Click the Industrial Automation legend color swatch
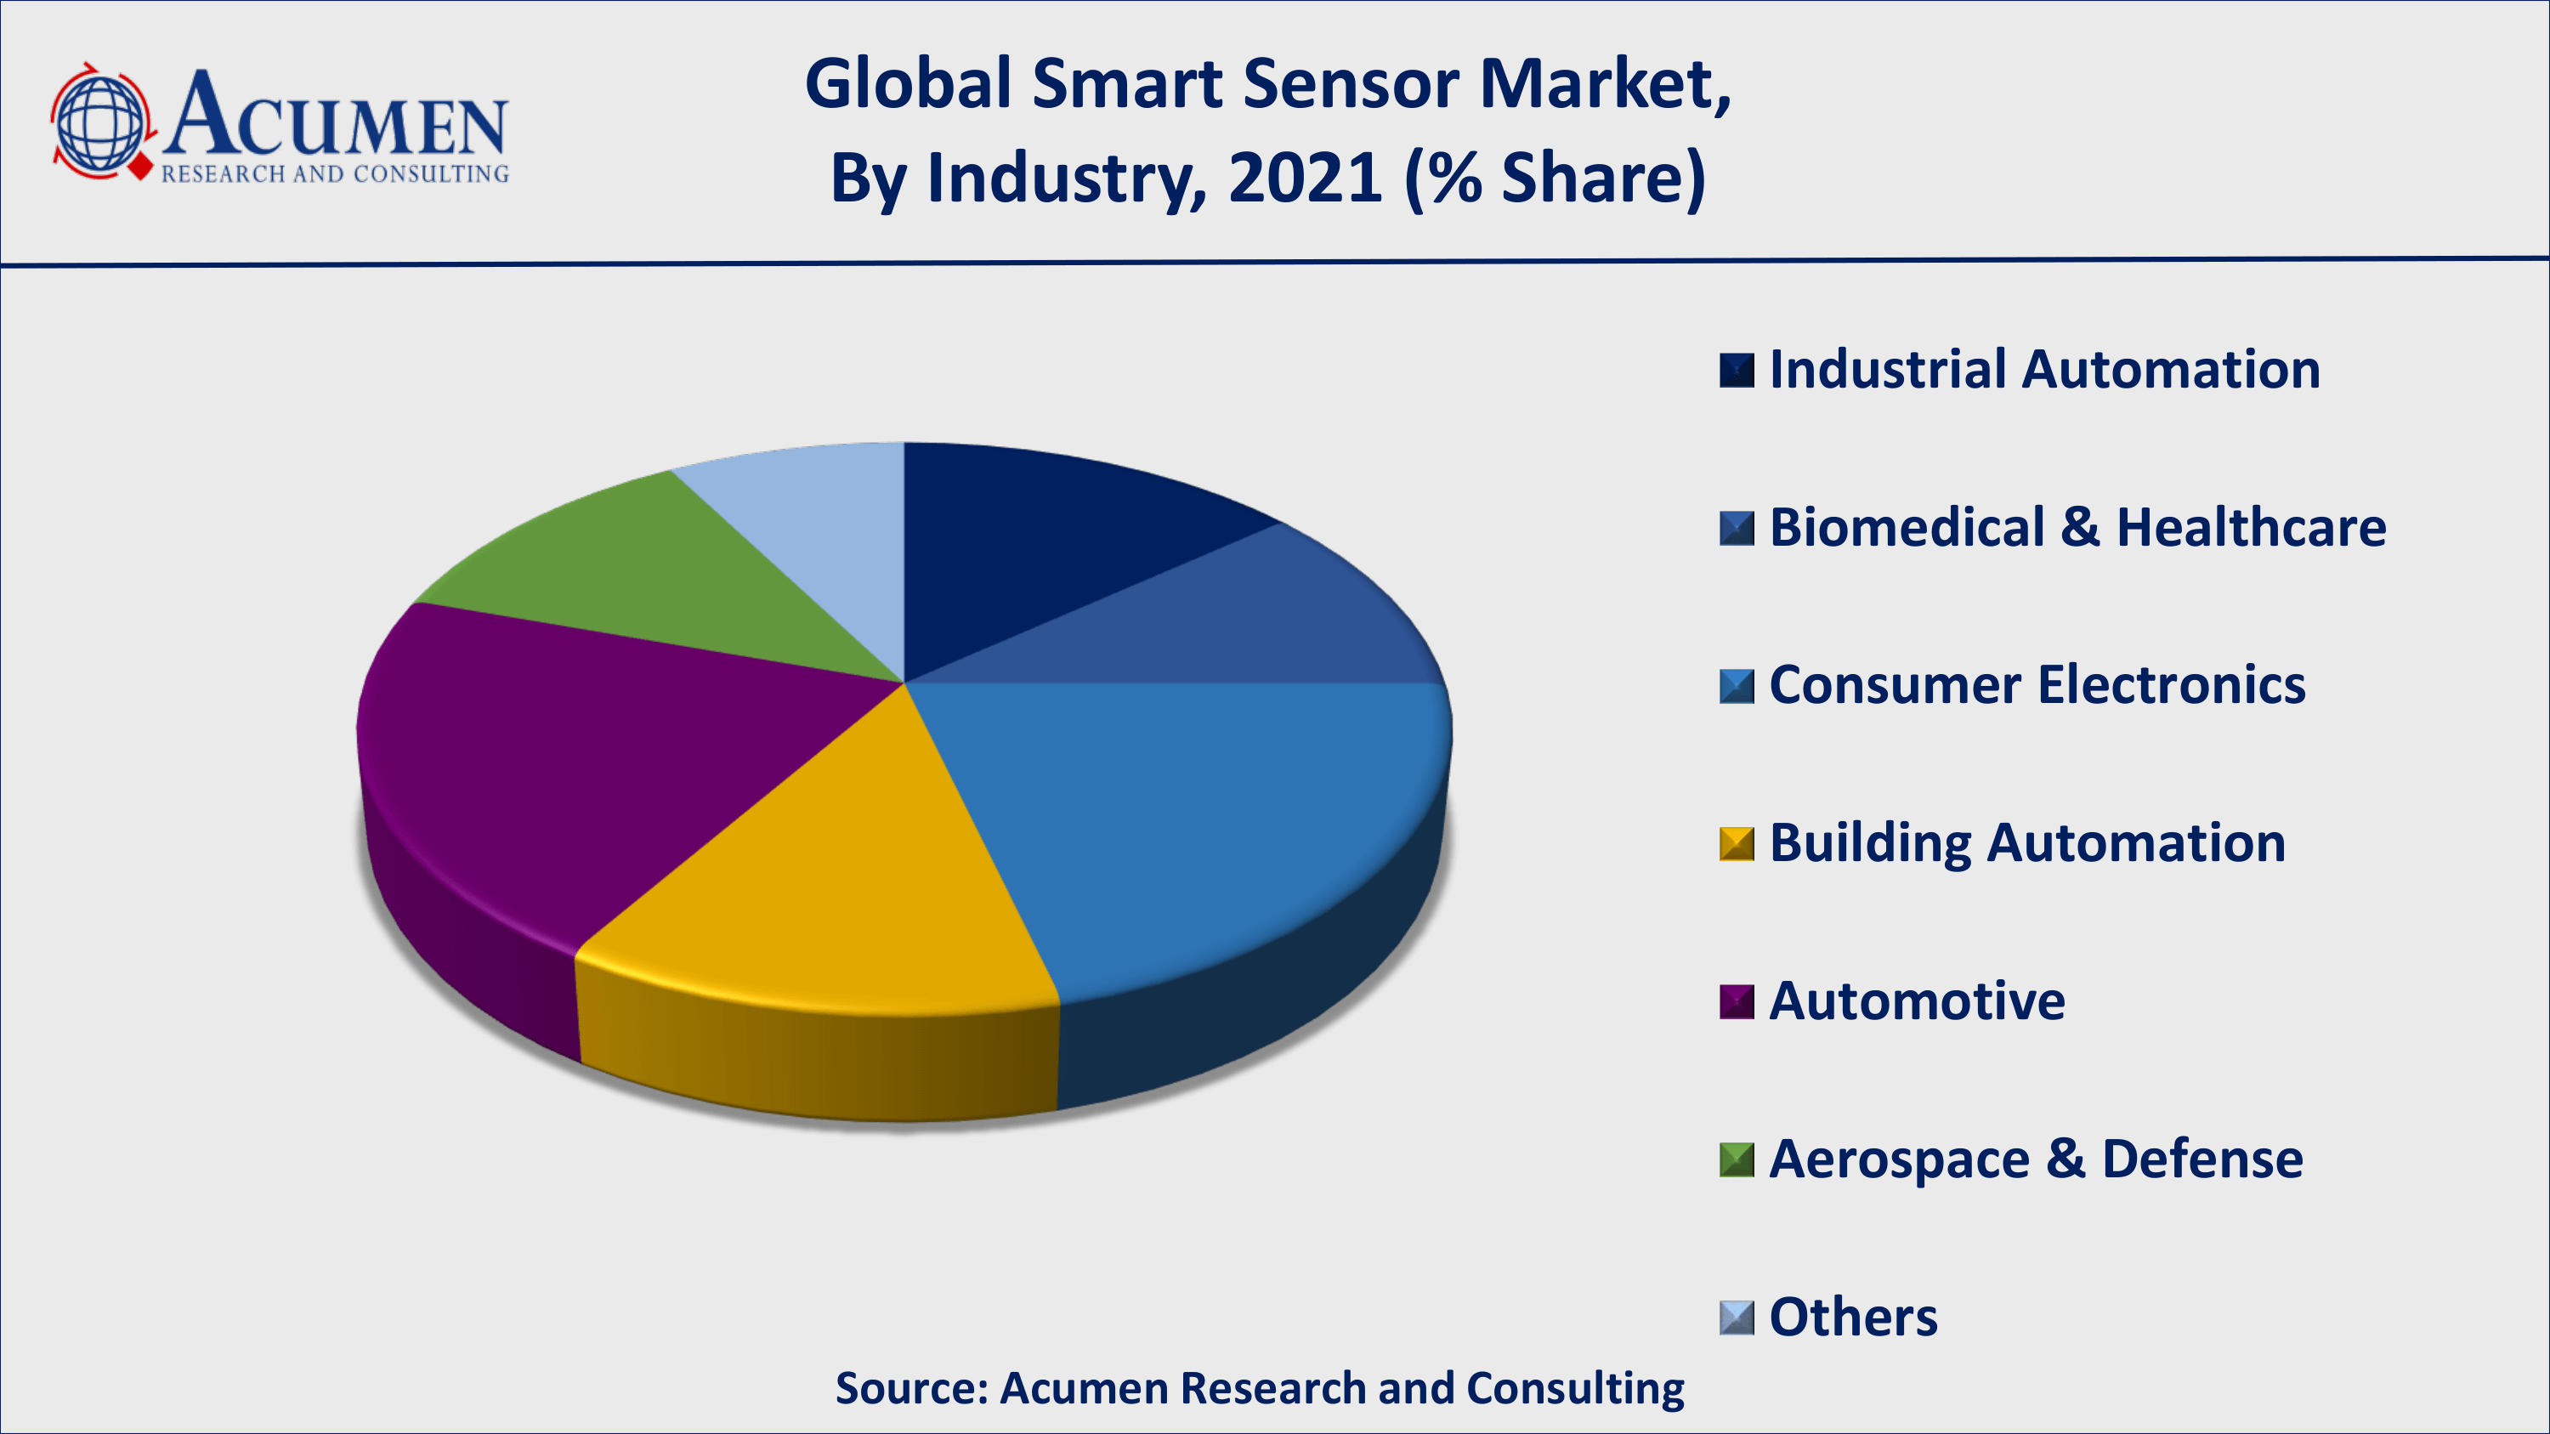1737,370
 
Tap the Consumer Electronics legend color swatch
1737,686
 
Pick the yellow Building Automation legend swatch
1737,844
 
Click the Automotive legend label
1917,1000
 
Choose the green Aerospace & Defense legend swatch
1737,1160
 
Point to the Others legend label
1852,1318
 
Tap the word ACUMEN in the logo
337,116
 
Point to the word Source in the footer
910,1388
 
